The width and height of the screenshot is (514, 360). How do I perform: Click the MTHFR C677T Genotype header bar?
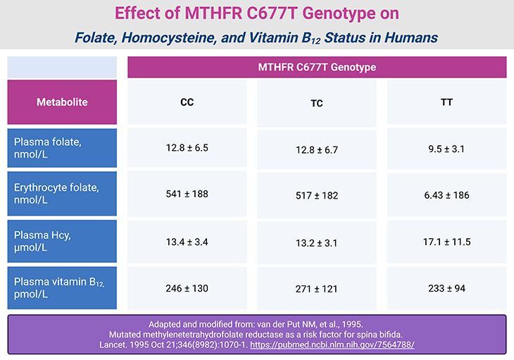coord(317,67)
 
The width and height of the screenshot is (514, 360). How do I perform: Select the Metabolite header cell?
coord(62,102)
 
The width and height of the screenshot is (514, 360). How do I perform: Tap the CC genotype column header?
coord(187,102)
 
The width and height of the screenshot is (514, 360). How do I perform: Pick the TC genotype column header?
coord(317,103)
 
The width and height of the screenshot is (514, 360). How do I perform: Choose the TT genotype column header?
coord(446,102)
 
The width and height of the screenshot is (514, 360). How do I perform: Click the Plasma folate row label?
coord(62,148)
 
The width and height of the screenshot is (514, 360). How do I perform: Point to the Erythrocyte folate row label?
coord(62,194)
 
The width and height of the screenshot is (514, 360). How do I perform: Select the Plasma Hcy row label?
coord(62,241)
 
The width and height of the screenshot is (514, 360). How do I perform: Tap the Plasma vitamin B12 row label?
coord(62,287)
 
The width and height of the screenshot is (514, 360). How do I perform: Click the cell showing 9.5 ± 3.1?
coord(446,149)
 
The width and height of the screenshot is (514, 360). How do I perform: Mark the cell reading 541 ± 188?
coord(187,194)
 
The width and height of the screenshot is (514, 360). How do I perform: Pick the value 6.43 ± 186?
coord(446,195)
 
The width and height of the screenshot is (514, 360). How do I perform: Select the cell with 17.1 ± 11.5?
coord(446,242)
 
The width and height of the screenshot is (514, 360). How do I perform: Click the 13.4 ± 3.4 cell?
coord(187,241)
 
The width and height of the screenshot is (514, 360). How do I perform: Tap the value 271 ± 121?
coord(317,289)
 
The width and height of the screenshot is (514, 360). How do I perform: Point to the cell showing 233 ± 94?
coord(446,288)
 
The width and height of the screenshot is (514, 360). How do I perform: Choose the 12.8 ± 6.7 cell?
coord(317,149)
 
